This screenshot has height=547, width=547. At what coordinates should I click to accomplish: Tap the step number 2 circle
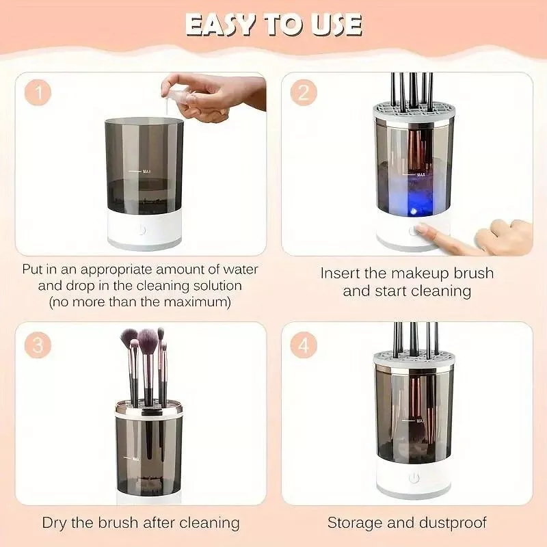[303, 93]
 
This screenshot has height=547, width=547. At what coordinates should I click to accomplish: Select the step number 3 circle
[38, 345]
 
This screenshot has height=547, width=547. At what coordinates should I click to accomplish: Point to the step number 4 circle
[303, 345]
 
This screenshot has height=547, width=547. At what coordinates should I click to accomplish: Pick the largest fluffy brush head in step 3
[147, 338]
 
